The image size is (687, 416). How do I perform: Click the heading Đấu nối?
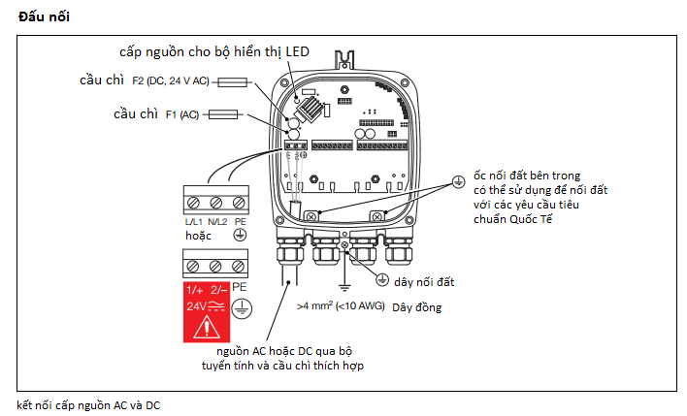44,16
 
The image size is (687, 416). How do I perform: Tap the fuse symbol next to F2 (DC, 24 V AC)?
232,81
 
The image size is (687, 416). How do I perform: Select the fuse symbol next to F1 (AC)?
223,114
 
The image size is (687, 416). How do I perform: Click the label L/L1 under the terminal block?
194,221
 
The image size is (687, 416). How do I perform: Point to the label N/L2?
217,221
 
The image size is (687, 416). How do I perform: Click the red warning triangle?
207,328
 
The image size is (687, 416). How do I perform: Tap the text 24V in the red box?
195,306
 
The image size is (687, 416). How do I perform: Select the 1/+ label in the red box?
194,290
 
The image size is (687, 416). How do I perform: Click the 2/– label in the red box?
218,290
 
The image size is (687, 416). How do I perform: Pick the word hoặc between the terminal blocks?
198,236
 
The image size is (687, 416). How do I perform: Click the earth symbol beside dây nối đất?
382,280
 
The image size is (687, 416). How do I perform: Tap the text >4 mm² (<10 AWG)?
341,306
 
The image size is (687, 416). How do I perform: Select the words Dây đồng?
416,307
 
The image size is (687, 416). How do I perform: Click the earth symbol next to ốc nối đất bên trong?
458,181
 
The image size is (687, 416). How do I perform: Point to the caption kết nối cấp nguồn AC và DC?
88,405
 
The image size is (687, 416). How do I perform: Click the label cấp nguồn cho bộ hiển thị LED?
214,52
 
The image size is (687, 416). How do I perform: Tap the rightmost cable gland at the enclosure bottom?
399,251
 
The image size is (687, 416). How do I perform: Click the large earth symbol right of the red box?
242,308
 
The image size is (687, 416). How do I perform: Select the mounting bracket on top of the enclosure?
344,59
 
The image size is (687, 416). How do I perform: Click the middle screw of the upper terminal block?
216,203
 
